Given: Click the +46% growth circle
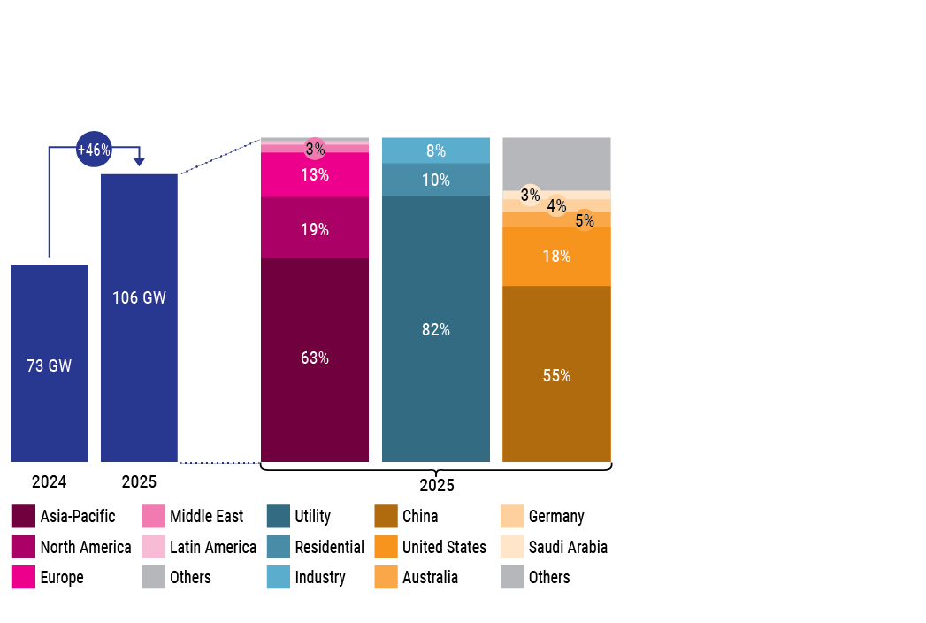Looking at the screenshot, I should click(x=94, y=150).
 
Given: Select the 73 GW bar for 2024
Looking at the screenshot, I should click(x=49, y=363).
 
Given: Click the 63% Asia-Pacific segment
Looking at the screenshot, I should click(x=315, y=358).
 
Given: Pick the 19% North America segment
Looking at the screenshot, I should click(x=315, y=228).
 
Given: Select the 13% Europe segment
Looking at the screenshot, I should click(x=315, y=174).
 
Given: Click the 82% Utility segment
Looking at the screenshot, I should click(x=435, y=328).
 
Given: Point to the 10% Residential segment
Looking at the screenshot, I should click(x=435, y=180).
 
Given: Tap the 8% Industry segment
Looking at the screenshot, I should click(x=435, y=150).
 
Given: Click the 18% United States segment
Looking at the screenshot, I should click(x=556, y=257).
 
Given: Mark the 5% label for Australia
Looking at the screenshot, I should click(x=585, y=220).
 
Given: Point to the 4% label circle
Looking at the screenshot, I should click(x=556, y=205).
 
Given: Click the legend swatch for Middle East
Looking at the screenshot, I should click(x=153, y=516).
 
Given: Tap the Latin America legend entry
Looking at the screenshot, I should click(x=200, y=547).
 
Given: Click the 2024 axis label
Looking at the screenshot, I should click(x=49, y=482).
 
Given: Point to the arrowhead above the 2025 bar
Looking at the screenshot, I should click(x=139, y=162).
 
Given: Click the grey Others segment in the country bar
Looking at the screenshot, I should click(x=556, y=163).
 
